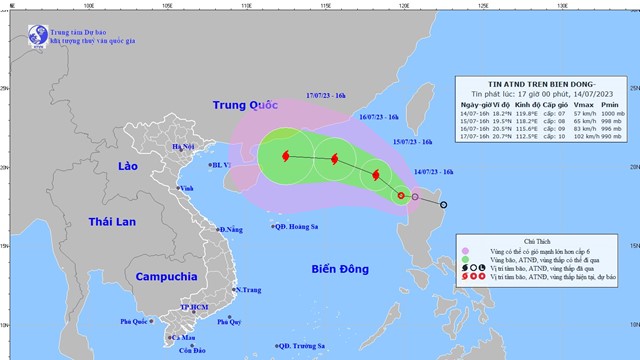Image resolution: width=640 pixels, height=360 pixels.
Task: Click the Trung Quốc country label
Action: pos(248,106)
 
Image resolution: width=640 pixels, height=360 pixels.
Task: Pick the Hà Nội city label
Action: pos(183,148)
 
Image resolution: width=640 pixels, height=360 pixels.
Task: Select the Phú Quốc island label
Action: pos(136,322)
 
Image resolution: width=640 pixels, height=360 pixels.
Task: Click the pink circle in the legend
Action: pos(465,243)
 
